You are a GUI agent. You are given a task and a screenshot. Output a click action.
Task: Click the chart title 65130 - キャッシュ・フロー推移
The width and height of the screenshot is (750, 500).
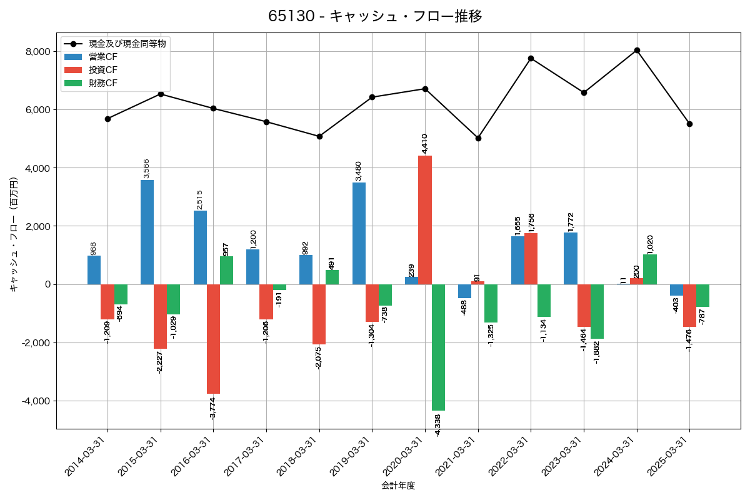tap(375, 16)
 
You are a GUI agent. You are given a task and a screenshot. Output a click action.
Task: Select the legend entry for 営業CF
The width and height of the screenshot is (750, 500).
tap(102, 57)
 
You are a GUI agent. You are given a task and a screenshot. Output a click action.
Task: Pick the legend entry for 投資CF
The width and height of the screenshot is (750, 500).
tap(102, 70)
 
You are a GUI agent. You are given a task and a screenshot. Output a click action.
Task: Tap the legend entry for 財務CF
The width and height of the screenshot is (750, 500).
tap(102, 83)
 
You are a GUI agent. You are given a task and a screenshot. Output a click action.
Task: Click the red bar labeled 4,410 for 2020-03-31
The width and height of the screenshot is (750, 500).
tap(425, 220)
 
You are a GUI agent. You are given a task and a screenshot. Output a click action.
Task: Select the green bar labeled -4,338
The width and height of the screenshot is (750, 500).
tap(438, 347)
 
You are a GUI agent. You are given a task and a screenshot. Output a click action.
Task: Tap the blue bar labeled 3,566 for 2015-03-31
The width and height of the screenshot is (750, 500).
tap(147, 232)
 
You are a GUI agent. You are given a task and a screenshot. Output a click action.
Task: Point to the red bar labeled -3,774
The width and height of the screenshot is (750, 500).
tap(213, 339)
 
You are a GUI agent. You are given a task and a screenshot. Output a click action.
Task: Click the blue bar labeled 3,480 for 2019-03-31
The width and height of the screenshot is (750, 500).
tap(359, 233)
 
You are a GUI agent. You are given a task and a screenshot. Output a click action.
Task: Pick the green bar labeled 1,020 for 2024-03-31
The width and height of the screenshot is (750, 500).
tap(650, 269)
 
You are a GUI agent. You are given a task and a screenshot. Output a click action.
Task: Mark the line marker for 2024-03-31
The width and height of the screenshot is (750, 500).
tap(637, 50)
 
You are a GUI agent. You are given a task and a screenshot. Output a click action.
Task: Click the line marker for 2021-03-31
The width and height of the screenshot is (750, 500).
tap(478, 138)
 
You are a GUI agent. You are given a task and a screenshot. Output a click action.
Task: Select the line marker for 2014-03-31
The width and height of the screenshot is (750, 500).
tap(107, 119)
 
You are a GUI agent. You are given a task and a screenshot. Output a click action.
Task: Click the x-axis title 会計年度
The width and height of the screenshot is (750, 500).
tap(398, 486)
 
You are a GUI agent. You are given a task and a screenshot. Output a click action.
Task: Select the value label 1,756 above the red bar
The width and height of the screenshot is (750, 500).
tap(531, 219)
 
